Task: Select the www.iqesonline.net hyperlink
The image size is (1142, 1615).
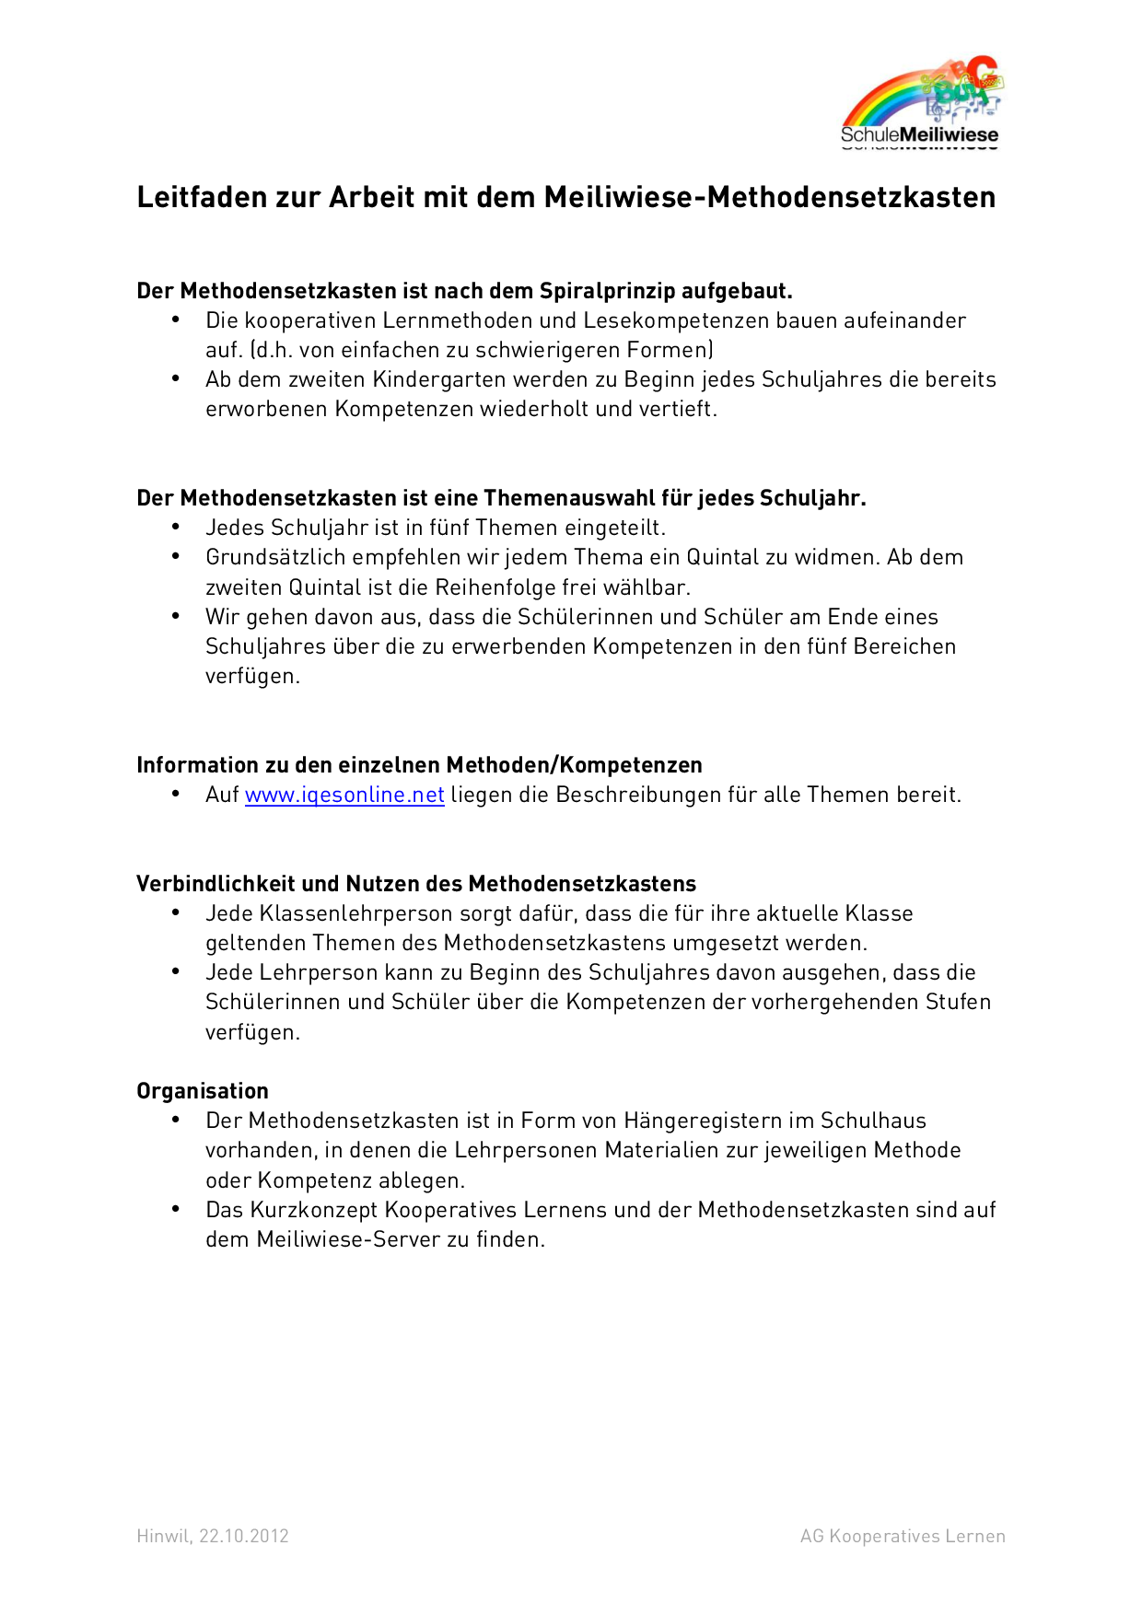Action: point(344,795)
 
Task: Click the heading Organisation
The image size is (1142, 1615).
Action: point(203,1091)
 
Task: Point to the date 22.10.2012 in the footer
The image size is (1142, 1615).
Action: point(244,1536)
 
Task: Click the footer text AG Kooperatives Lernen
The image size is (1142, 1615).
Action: point(903,1536)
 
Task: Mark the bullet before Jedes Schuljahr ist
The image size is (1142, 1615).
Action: point(176,527)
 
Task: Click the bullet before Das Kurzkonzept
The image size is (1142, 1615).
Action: point(176,1209)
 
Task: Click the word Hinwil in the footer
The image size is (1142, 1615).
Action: point(163,1536)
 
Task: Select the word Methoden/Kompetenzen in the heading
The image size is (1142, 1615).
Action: point(574,765)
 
